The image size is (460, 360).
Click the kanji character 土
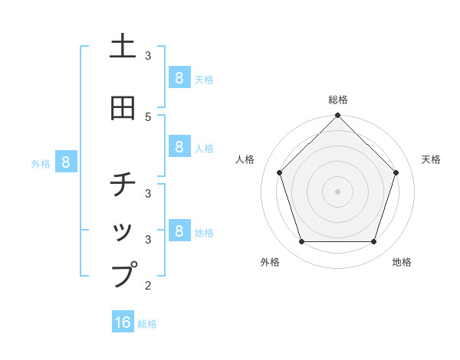tap(123, 47)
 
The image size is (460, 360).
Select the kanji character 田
tap(123, 109)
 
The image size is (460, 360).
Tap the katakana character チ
tap(123, 185)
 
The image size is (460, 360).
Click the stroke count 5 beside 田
tap(148, 116)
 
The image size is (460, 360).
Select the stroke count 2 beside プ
tap(148, 286)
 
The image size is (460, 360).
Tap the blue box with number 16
tap(123, 322)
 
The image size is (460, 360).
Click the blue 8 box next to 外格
tap(66, 162)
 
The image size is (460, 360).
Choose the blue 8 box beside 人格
tap(178, 147)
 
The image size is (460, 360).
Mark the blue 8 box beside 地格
tap(178, 231)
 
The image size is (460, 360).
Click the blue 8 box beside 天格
tap(178, 77)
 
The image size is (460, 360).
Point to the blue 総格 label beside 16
tap(147, 324)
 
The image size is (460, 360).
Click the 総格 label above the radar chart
tap(337, 100)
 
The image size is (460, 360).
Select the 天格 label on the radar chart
tap(431, 159)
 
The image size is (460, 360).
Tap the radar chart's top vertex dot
tap(337, 116)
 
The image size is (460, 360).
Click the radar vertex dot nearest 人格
tap(279, 172)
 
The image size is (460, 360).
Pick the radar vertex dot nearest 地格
tap(373, 242)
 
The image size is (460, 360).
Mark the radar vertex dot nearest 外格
tap(301, 242)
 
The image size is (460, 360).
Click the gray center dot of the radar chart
tap(337, 191)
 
